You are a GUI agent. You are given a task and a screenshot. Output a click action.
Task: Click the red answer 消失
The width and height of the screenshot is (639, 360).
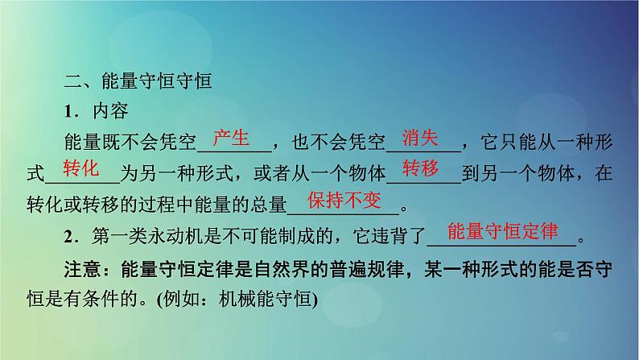click(x=420, y=137)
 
